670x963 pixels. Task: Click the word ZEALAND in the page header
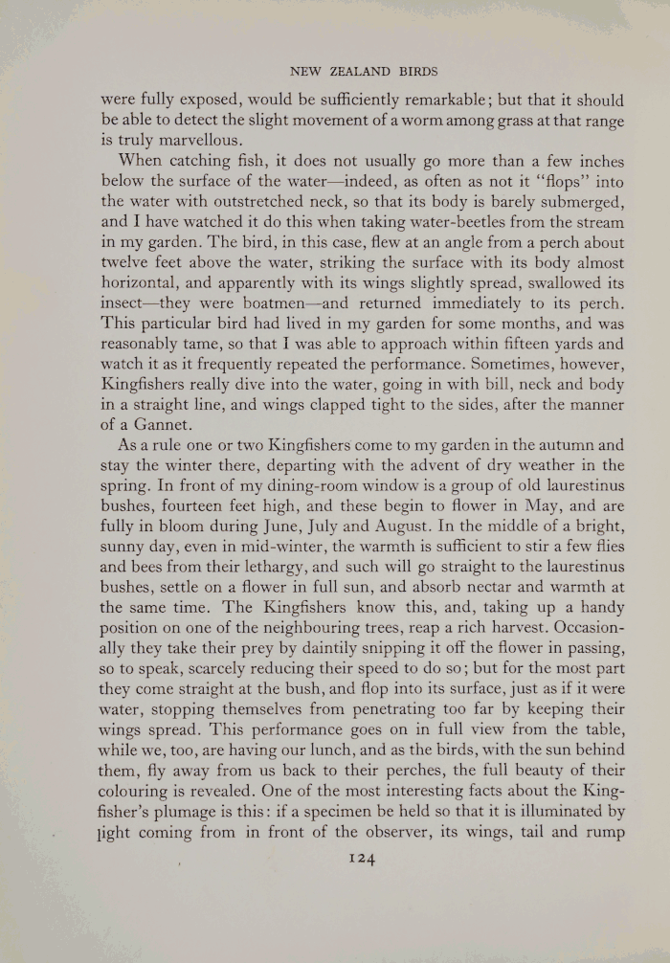353,71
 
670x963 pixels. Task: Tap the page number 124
361,859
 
